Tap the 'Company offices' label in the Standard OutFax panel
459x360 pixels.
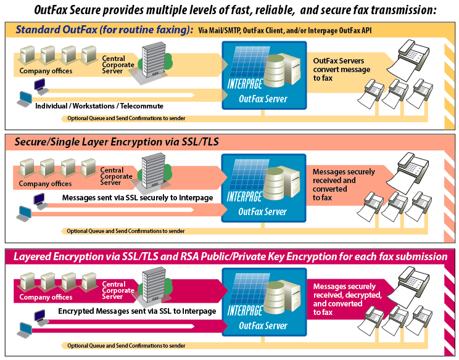[x=46, y=71]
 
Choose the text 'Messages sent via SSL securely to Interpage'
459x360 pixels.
[x=139, y=198]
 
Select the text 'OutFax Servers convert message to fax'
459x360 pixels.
[x=342, y=70]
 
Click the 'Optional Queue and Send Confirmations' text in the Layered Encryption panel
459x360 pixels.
[x=126, y=346]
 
